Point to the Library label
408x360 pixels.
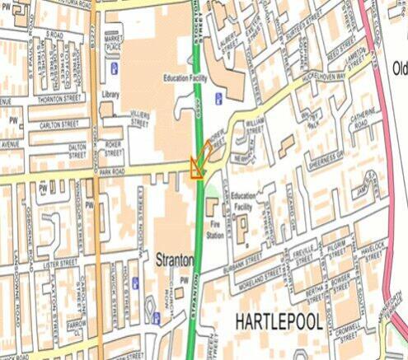(110, 96)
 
